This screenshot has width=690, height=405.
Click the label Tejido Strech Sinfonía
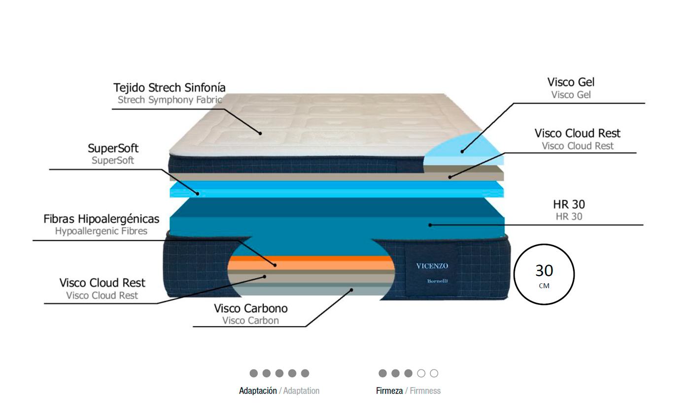coord(170,88)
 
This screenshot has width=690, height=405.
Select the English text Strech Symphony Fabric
coord(170,100)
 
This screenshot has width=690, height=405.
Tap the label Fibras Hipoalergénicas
coord(102,219)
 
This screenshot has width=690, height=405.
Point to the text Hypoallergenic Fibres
coord(101,231)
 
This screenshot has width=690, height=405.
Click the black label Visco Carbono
coord(251,308)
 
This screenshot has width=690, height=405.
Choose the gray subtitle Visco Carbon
coord(250,321)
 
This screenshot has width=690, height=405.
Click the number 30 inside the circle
coord(544,270)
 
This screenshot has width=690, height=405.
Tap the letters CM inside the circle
coord(544,286)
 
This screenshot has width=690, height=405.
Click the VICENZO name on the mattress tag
coord(432,266)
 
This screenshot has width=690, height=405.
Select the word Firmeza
coord(389,391)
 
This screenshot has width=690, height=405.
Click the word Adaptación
coord(258,391)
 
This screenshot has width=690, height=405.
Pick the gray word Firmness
coord(425,391)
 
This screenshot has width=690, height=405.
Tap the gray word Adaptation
coord(302,391)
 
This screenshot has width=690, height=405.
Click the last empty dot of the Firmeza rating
coord(434,373)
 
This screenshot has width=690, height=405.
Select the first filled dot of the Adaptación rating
coord(254,373)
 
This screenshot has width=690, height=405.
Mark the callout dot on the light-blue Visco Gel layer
coord(462,151)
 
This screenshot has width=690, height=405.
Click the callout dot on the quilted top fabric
coord(260,133)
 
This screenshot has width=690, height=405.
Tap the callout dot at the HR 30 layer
coord(430,225)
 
